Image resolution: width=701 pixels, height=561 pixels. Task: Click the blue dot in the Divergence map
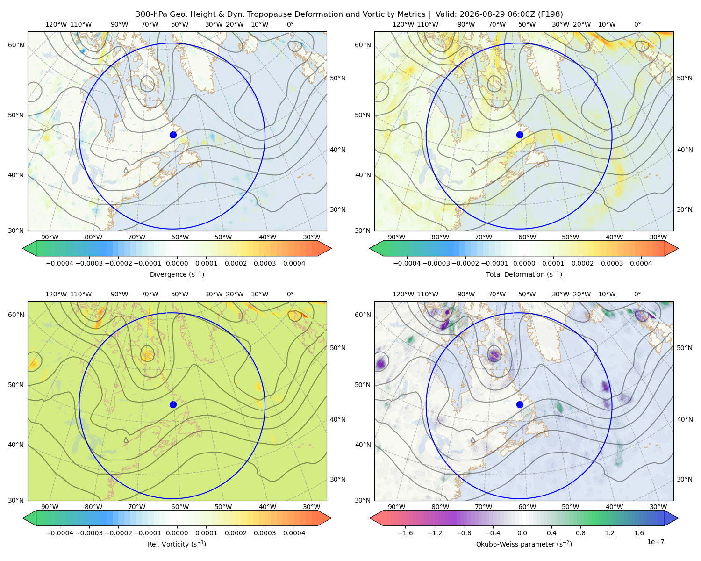(173, 135)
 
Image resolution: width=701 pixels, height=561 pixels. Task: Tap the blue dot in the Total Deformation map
(520, 135)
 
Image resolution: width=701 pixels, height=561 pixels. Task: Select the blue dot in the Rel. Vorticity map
(173, 404)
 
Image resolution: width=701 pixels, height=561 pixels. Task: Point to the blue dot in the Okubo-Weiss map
(520, 404)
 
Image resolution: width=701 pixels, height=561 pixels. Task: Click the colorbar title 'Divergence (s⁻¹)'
(177, 274)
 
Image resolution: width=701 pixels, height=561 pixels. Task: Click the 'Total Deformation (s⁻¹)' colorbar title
(524, 274)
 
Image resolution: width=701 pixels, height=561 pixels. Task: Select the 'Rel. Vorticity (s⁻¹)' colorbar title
(177, 544)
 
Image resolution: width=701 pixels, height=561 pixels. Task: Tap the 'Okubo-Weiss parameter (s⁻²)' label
(524, 544)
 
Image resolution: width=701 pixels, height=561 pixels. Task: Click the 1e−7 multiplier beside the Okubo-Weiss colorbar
(655, 542)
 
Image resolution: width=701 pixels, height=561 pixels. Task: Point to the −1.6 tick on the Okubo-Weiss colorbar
(405, 533)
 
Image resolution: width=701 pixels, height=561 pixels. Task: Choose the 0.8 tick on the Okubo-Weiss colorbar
(580, 533)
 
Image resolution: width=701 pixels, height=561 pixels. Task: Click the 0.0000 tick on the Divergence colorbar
(177, 263)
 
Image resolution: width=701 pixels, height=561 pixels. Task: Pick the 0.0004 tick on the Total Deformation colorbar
(641, 263)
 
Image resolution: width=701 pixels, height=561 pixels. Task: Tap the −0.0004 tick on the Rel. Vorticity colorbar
(60, 533)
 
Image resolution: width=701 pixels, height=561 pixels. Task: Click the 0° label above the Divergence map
(290, 24)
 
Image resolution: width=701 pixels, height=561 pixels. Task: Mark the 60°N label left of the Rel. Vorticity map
(16, 315)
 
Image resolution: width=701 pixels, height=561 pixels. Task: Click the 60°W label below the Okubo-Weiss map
(527, 507)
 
